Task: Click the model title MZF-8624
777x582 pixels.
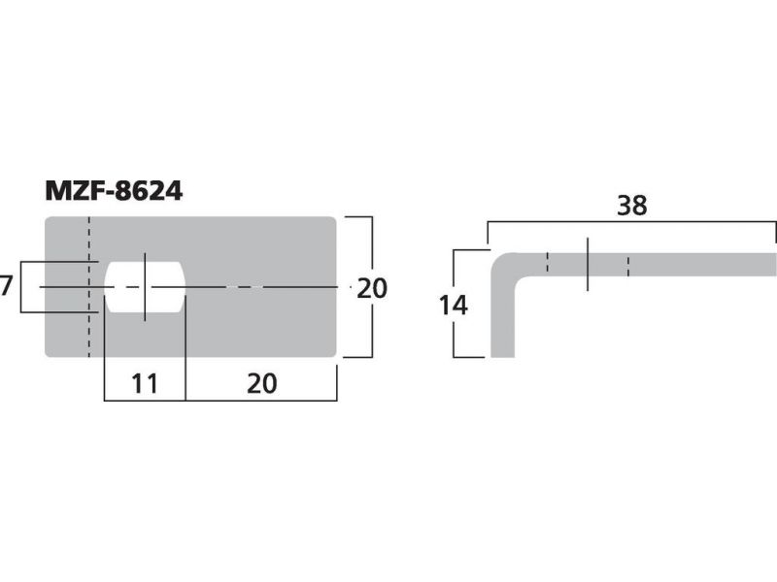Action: tap(114, 190)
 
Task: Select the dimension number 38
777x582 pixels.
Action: tap(632, 206)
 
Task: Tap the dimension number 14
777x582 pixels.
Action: tap(453, 306)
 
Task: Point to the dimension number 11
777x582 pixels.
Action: tap(144, 383)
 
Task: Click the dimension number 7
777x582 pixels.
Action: tap(6, 286)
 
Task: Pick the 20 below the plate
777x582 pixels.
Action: tap(261, 383)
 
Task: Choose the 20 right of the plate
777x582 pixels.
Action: tap(372, 288)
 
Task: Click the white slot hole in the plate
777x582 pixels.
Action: tap(145, 287)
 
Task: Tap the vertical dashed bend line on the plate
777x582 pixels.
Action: tap(89, 286)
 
